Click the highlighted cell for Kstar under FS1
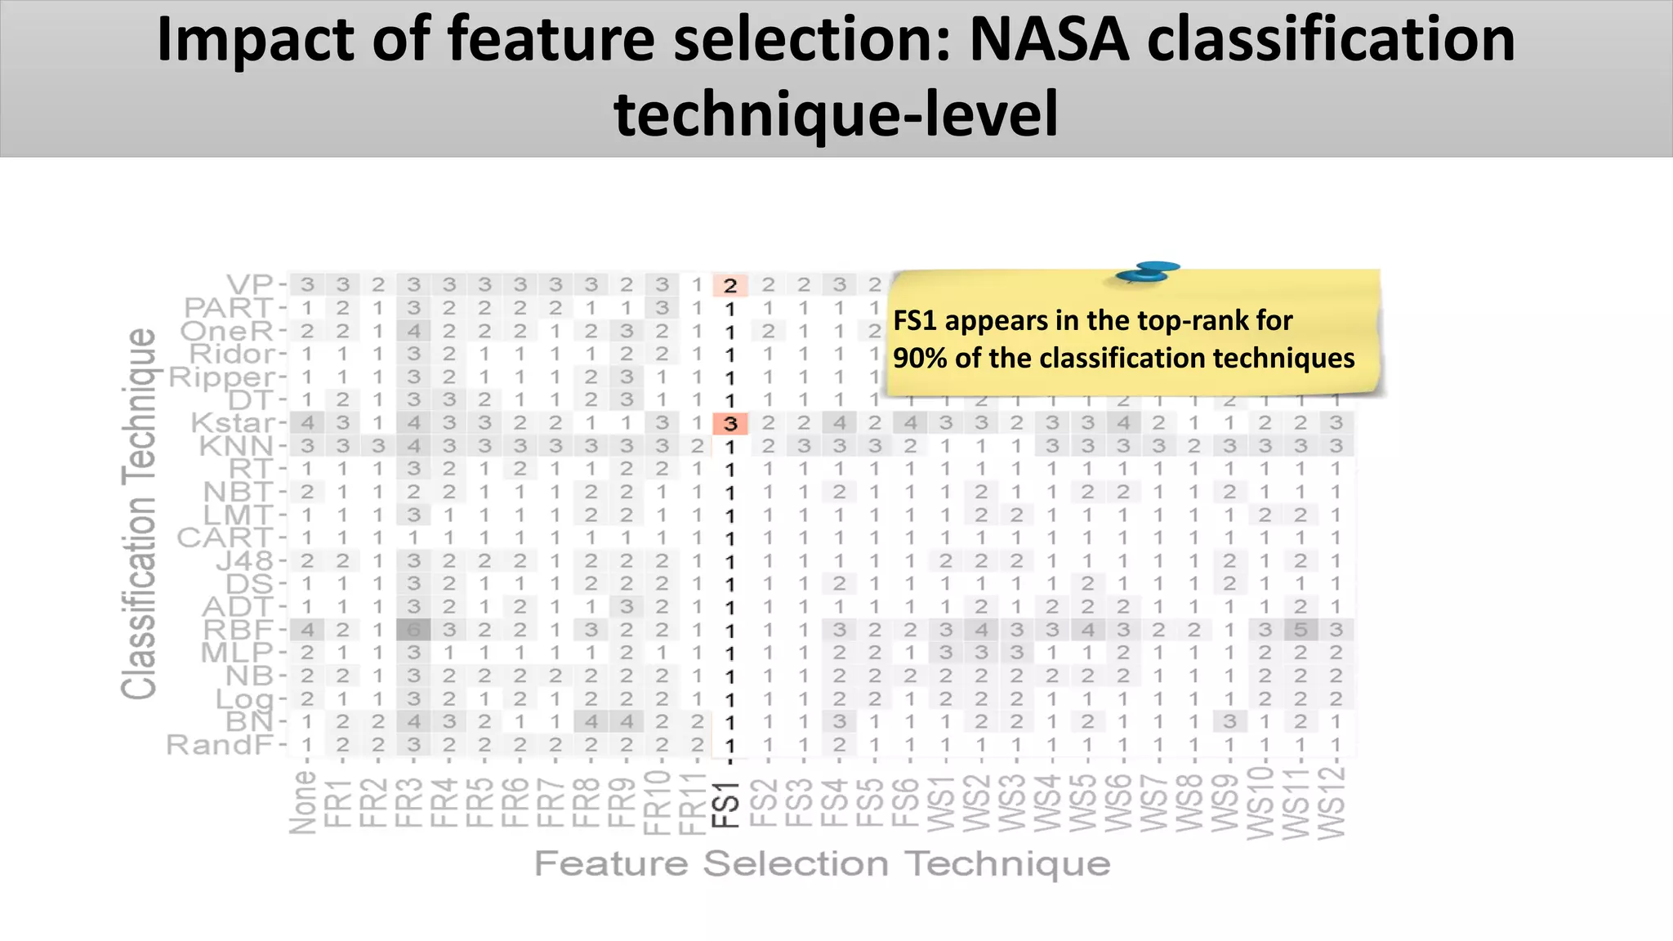(730, 424)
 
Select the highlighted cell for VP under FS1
(730, 285)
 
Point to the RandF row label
(220, 745)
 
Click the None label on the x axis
(304, 802)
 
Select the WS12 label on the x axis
(1332, 803)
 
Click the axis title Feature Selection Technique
(822, 863)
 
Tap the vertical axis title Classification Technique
(139, 515)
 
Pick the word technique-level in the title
(836, 114)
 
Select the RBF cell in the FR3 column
(414, 630)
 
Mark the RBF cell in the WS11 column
(1300, 630)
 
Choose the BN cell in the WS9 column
(1230, 722)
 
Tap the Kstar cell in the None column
(307, 423)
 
